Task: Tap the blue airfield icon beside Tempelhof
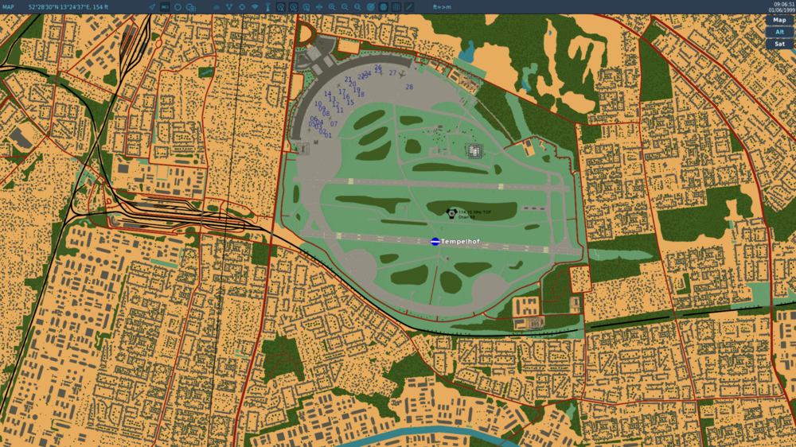click(x=435, y=242)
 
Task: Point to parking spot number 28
click(x=409, y=87)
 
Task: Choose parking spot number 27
click(x=392, y=73)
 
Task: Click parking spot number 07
click(x=334, y=124)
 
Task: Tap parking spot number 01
click(x=328, y=135)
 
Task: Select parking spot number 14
click(x=327, y=95)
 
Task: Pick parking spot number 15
click(x=350, y=103)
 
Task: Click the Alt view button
click(x=779, y=32)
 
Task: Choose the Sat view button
click(x=779, y=44)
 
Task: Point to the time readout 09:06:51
click(x=783, y=4)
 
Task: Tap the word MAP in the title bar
click(x=8, y=6)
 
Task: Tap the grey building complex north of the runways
click(x=474, y=150)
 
